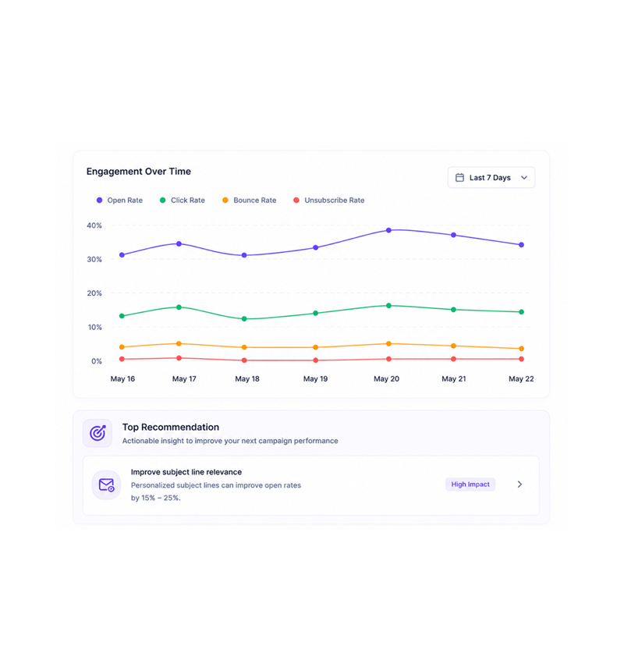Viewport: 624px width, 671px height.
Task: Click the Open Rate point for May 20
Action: [x=388, y=230]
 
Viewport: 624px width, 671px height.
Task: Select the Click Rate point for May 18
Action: [x=244, y=319]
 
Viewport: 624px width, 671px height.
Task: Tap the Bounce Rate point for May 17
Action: [x=179, y=343]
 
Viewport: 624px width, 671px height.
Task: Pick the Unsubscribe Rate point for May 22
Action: [x=521, y=359]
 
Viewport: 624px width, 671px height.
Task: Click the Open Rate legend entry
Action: [x=120, y=201]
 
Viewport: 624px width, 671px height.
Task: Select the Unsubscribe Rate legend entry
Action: [x=329, y=201]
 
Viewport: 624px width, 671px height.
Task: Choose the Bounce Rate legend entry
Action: [x=250, y=201]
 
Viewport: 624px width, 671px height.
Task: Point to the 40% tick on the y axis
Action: [x=94, y=225]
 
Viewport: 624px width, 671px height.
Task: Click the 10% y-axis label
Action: [x=94, y=328]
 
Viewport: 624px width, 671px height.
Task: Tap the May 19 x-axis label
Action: [x=315, y=378]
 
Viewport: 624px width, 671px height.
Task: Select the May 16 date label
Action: [x=122, y=378]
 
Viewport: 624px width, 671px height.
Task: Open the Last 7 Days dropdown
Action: [x=491, y=178]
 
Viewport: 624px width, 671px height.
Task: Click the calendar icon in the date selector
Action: [x=459, y=178]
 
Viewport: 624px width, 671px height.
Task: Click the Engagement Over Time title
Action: [x=139, y=172]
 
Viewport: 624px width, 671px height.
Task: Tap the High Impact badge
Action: [x=470, y=485]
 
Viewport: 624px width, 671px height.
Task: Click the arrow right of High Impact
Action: [x=519, y=485]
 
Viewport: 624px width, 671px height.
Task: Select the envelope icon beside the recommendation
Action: [x=106, y=485]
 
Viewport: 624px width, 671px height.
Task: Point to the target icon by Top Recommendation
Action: [x=97, y=433]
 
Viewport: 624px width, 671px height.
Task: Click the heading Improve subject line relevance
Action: [x=186, y=472]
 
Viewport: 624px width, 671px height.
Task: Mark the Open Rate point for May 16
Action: [x=122, y=255]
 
